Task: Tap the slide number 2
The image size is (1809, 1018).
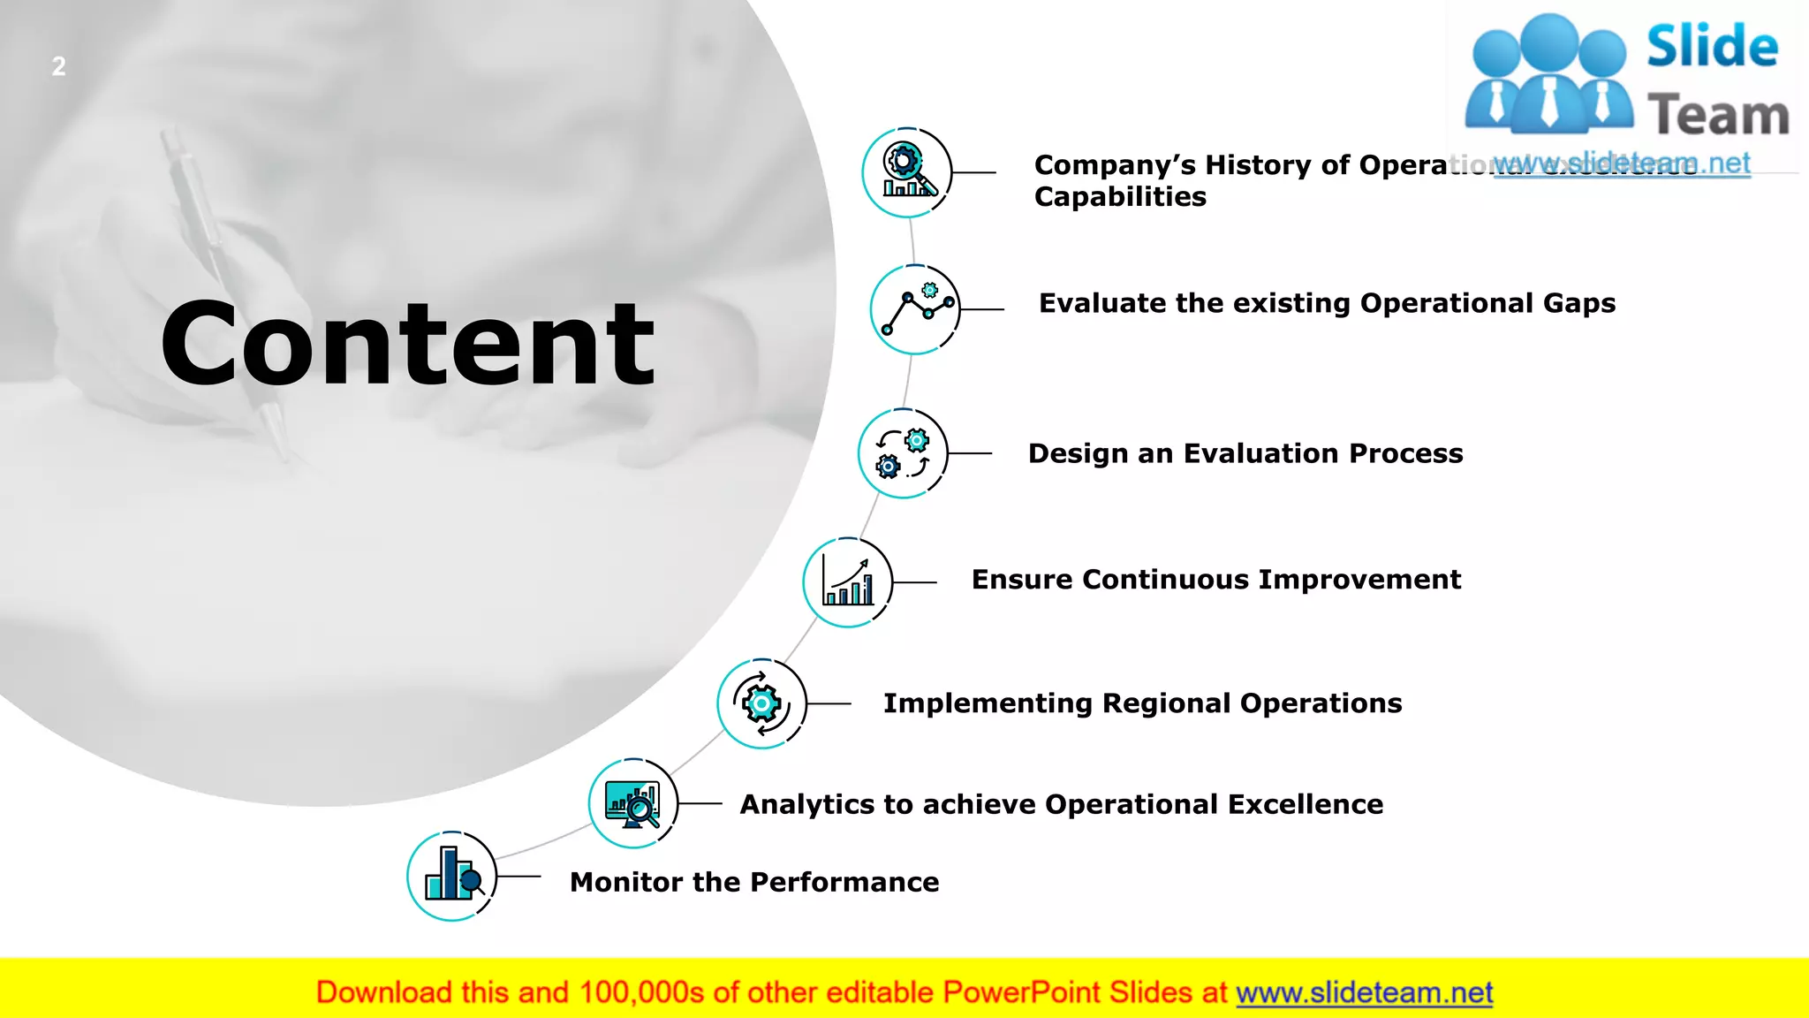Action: click(58, 66)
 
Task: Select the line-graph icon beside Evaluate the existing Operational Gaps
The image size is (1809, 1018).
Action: click(915, 309)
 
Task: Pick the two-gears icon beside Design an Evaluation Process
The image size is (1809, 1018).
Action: click(903, 453)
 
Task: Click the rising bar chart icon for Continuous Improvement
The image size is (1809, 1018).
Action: click(847, 582)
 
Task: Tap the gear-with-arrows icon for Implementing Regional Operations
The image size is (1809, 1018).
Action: click(761, 703)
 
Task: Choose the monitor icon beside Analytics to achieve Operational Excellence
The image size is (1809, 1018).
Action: click(632, 803)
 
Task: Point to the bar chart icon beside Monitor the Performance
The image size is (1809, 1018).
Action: click(452, 876)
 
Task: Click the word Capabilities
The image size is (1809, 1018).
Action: click(1120, 197)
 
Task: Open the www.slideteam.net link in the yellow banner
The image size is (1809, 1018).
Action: click(1364, 993)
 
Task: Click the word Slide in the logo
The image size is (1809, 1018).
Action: click(1712, 47)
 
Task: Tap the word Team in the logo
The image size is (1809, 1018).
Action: click(1718, 116)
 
